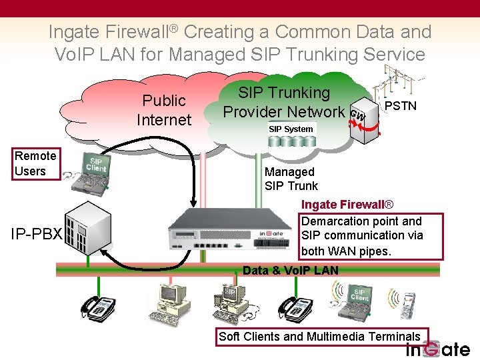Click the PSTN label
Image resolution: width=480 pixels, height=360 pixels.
click(401, 106)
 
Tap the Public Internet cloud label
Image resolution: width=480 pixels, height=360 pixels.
click(163, 110)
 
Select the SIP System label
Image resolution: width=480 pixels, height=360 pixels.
click(290, 129)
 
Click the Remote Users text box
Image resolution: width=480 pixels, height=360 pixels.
click(35, 164)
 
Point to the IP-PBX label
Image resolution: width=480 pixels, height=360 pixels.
click(36, 235)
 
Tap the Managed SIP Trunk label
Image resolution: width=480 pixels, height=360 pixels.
click(291, 179)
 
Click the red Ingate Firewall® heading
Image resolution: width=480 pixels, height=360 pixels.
click(347, 205)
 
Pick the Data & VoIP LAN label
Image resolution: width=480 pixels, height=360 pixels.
click(291, 270)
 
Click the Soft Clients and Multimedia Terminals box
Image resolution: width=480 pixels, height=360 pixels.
click(320, 336)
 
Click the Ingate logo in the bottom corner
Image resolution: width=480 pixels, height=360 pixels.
click(438, 349)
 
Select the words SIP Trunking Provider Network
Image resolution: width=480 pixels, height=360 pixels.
click(285, 102)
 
